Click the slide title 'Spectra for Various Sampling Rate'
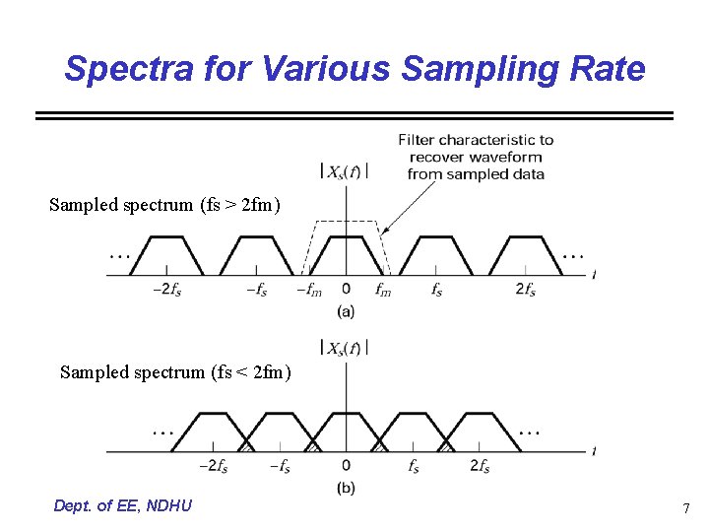click(x=354, y=69)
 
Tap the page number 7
click(x=685, y=508)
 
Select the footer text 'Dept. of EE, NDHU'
click(x=123, y=505)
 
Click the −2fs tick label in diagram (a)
click(x=166, y=291)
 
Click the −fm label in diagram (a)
click(x=308, y=291)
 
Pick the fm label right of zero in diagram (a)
click(x=383, y=291)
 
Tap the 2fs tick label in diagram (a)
click(x=525, y=290)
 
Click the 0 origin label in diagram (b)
click(x=346, y=466)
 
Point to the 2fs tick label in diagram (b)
click(x=480, y=466)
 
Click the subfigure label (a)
click(x=346, y=312)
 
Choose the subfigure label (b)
click(x=346, y=488)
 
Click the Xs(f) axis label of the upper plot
click(x=346, y=171)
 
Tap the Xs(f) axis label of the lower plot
click(x=346, y=348)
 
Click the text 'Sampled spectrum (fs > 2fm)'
click(x=165, y=205)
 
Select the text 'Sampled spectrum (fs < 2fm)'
click(x=175, y=371)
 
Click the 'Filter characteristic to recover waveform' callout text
click(x=476, y=157)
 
